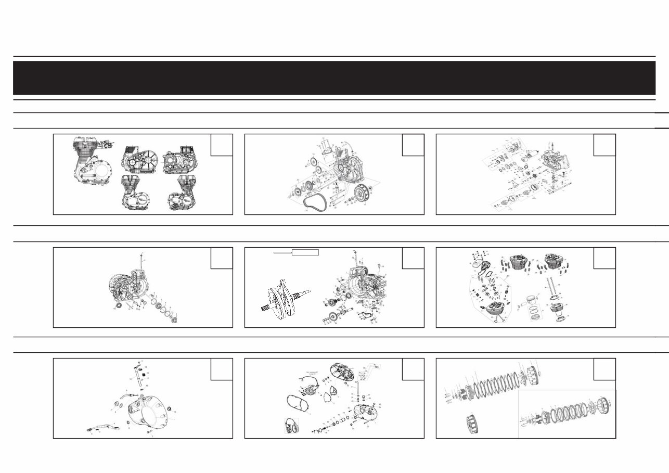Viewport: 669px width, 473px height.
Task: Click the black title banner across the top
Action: [x=334, y=78]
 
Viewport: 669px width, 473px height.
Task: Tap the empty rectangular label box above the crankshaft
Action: [x=305, y=252]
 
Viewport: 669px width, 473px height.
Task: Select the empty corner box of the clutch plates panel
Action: [x=604, y=368]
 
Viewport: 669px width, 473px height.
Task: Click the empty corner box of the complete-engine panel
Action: [x=221, y=145]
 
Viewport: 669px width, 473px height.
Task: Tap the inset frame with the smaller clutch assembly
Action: [x=567, y=414]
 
